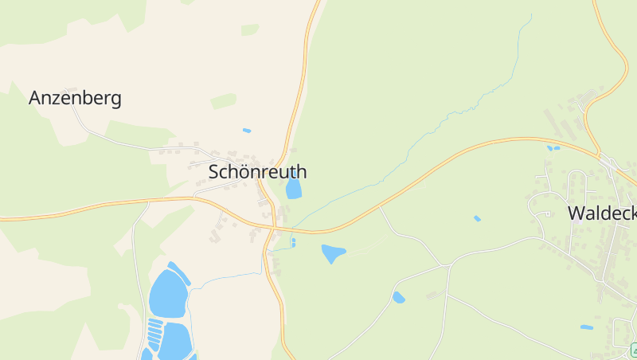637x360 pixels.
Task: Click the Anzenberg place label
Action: (x=75, y=98)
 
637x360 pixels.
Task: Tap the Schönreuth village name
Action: (x=257, y=171)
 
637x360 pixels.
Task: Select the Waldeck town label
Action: (x=601, y=213)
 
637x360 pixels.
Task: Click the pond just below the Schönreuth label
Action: (x=294, y=188)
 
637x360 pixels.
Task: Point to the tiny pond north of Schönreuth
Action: (x=247, y=130)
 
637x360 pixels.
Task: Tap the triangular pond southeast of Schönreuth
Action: (x=332, y=253)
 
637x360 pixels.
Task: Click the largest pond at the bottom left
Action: (x=167, y=293)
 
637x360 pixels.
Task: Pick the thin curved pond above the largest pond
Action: (x=179, y=272)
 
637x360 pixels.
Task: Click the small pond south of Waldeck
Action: (x=587, y=327)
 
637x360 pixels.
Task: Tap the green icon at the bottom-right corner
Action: (x=634, y=350)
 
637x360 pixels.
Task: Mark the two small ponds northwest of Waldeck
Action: (x=553, y=147)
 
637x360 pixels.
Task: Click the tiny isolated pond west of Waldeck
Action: (x=477, y=218)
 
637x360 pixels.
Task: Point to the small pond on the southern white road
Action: (x=398, y=297)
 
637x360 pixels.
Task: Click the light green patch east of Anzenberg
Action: (x=224, y=101)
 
